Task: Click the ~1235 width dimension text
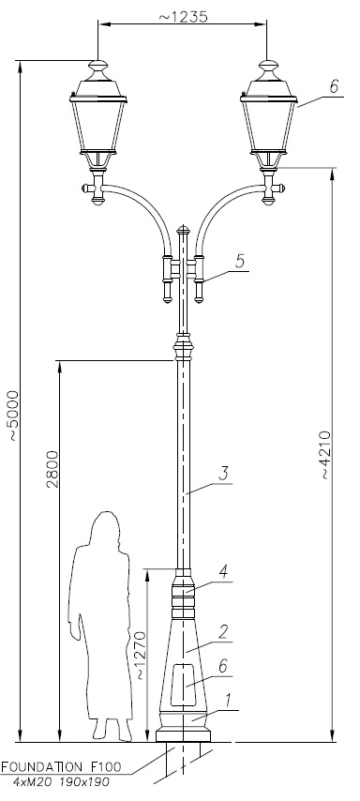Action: [184, 16]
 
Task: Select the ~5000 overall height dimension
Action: [11, 416]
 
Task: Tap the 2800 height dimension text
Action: [52, 469]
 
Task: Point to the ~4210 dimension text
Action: [325, 455]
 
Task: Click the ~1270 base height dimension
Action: [140, 656]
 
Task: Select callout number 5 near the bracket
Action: [239, 261]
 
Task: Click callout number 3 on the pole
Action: [223, 473]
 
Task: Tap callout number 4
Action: [223, 572]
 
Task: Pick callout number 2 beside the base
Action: [222, 632]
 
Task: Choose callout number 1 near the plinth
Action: [228, 701]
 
